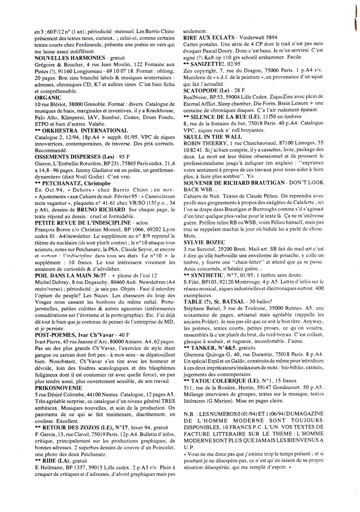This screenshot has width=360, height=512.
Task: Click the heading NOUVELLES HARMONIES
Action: click(x=70, y=58)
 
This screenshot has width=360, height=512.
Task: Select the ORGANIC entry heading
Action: click(x=48, y=98)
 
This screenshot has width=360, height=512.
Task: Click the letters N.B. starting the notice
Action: click(x=189, y=414)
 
